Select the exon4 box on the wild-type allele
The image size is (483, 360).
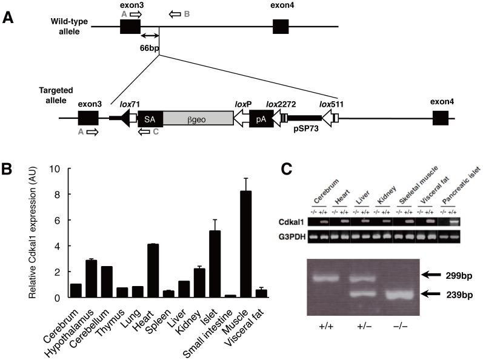pos(281,27)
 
